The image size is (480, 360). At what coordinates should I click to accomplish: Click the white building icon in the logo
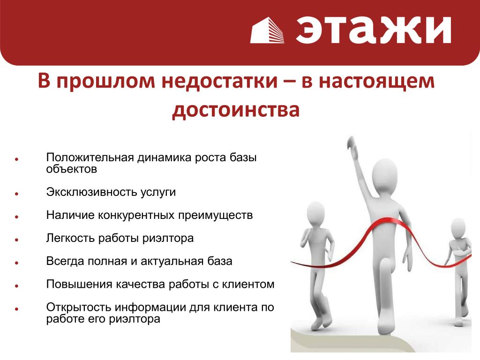pos(267,30)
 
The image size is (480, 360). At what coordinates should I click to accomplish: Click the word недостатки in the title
pos(219,81)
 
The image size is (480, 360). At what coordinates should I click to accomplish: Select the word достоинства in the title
pos(236,110)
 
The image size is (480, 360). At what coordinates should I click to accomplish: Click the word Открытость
pos(78,307)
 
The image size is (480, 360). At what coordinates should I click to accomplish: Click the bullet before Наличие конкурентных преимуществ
pos(17,217)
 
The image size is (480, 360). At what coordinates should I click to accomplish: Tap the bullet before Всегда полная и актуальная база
pos(17,262)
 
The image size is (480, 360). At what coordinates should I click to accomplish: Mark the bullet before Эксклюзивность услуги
pos(17,194)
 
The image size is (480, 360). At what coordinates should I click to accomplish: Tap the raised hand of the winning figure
pos(352,146)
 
